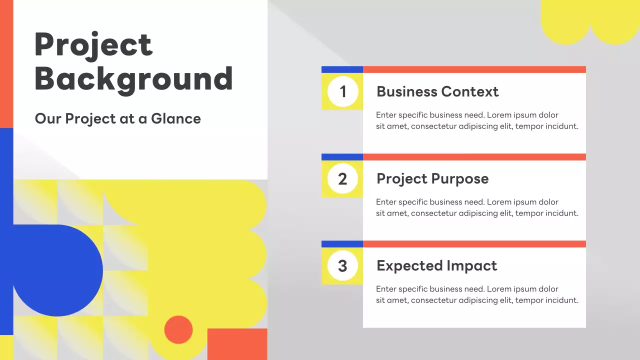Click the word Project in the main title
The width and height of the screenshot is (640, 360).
pos(93,45)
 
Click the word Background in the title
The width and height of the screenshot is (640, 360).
pos(133,78)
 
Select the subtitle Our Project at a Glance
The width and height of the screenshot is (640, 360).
pos(117,119)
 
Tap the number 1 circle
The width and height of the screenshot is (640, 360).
pos(342,91)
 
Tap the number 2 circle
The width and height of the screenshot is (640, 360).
pos(342,178)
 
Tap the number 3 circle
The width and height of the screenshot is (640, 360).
pos(342,265)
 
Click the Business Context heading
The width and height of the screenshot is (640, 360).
pos(437,92)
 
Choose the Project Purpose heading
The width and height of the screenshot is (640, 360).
pos(432,179)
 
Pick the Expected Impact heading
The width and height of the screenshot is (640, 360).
pos(436,266)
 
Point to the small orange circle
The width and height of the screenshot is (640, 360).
pos(178,329)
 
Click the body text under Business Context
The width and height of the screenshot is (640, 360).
pos(477,121)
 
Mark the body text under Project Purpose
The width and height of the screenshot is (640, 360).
pos(477,208)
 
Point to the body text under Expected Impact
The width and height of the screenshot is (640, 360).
pos(477,295)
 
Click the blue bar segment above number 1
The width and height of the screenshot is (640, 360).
pos(342,69)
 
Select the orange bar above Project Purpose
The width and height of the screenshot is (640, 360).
pos(474,157)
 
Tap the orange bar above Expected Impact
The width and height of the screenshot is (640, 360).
pos(474,244)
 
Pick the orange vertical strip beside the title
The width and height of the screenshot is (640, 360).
pos(6,64)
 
